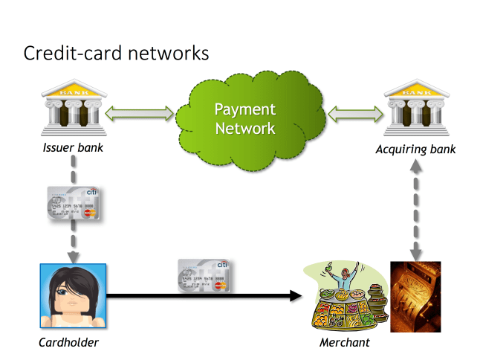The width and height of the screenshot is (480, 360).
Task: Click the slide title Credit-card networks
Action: (116, 54)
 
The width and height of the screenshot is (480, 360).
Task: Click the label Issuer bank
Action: (72, 148)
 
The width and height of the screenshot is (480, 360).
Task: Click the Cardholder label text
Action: (68, 342)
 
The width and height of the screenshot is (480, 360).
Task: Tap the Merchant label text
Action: (344, 342)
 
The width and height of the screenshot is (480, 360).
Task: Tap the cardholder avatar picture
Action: (72, 296)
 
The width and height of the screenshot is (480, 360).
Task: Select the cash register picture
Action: (415, 296)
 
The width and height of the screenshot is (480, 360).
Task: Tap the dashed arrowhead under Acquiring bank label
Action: (415, 168)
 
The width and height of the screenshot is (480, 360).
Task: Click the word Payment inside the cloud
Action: (244, 109)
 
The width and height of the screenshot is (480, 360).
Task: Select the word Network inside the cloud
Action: (244, 128)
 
